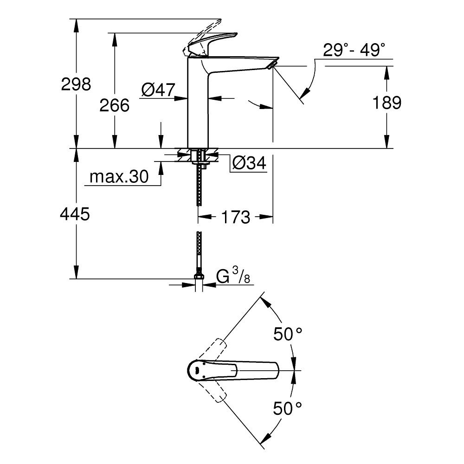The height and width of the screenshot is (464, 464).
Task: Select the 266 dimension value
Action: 114,105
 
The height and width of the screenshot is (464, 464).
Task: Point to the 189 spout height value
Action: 387,103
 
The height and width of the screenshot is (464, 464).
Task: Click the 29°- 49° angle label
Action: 354,50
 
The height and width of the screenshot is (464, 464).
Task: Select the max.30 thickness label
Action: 118,177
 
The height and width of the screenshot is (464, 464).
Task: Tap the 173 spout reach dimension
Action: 236,217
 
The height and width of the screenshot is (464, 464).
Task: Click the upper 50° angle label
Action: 287,334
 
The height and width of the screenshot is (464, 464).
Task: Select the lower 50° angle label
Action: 287,409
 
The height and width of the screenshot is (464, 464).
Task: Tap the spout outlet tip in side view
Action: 273,64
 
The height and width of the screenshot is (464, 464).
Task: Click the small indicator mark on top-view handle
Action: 197,370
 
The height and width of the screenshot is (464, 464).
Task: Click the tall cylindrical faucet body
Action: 197,107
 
